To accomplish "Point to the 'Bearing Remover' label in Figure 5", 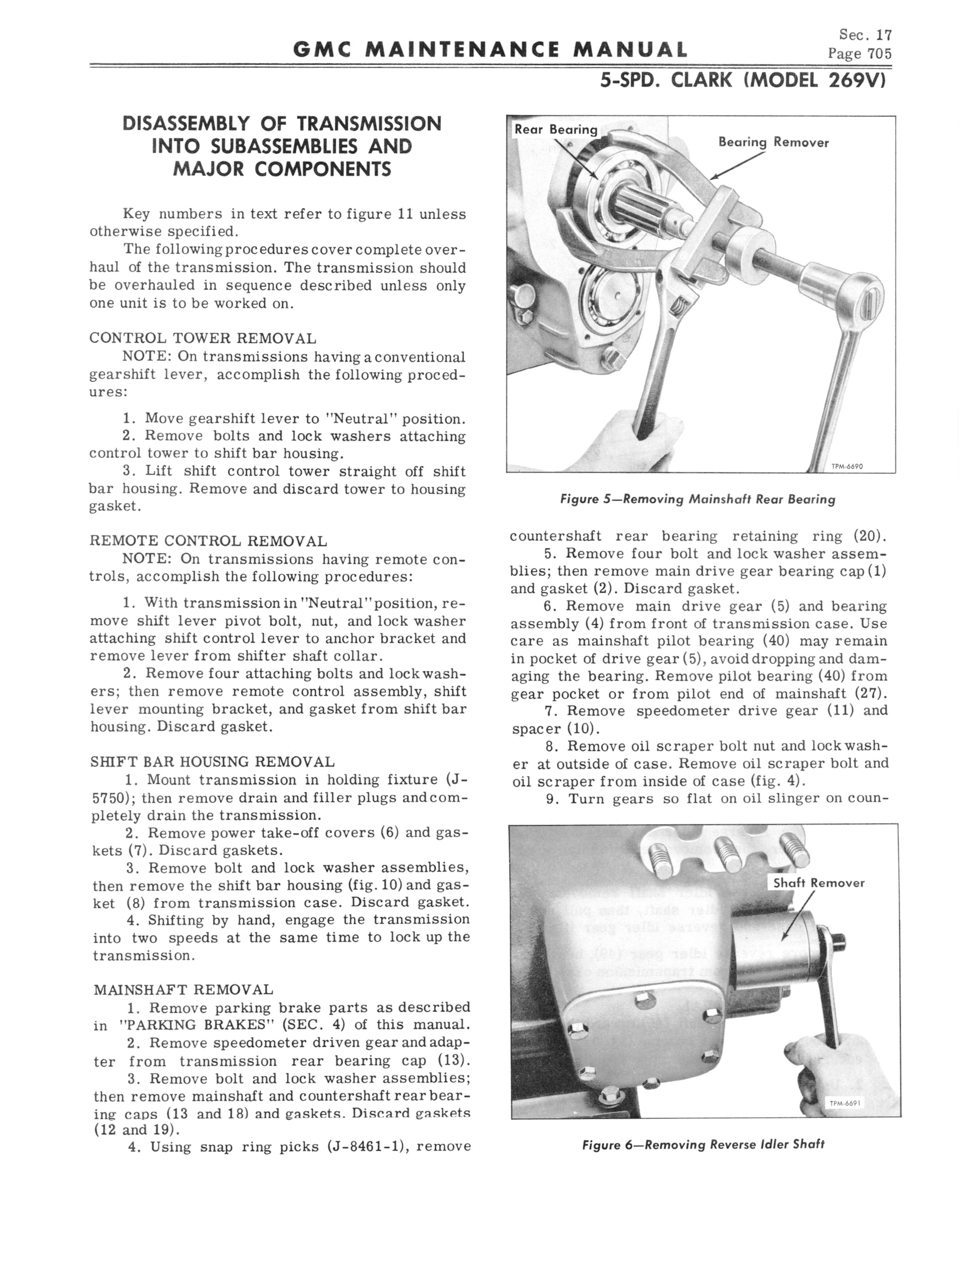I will [773, 143].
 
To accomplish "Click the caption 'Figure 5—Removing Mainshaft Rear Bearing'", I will [697, 499].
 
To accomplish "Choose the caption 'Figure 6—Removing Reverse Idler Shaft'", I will [703, 1144].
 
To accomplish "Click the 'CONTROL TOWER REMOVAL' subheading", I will [203, 338].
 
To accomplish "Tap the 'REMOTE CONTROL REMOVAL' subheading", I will [208, 541].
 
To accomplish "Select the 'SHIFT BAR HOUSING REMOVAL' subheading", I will [213, 761].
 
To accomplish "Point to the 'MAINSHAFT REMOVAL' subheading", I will [183, 989].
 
